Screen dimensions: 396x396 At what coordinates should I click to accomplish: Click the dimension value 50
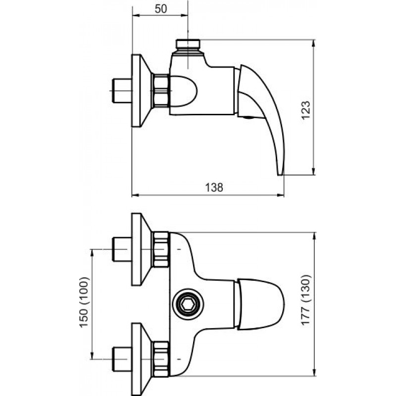click(x=161, y=9)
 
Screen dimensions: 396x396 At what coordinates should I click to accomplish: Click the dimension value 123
click(x=306, y=110)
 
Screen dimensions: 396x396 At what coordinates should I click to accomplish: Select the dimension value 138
click(x=214, y=188)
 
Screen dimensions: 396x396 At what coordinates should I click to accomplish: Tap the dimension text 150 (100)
click(x=84, y=302)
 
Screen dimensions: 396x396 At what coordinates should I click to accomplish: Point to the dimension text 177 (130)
click(x=306, y=300)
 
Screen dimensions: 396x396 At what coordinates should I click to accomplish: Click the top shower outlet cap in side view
click(x=188, y=44)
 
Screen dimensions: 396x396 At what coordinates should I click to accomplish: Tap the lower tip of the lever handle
click(x=281, y=175)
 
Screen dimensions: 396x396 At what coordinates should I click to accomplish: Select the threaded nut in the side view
click(x=160, y=91)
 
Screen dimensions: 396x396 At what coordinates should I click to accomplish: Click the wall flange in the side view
click(x=140, y=91)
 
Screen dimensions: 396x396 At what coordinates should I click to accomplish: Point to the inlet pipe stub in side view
click(x=122, y=91)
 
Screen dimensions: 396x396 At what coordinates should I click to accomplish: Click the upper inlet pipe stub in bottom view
click(x=122, y=249)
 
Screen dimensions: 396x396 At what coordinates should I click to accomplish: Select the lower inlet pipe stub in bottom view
click(x=122, y=359)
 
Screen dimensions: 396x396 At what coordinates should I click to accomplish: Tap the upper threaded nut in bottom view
click(x=160, y=249)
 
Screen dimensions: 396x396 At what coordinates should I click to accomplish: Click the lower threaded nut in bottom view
click(x=160, y=359)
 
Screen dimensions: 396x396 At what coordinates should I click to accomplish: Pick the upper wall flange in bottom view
click(x=140, y=249)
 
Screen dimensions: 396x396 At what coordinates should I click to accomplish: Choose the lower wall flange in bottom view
click(x=140, y=359)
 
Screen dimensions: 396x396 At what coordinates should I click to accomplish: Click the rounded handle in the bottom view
click(x=261, y=304)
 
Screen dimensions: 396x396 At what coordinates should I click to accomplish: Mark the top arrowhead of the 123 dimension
click(x=313, y=43)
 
